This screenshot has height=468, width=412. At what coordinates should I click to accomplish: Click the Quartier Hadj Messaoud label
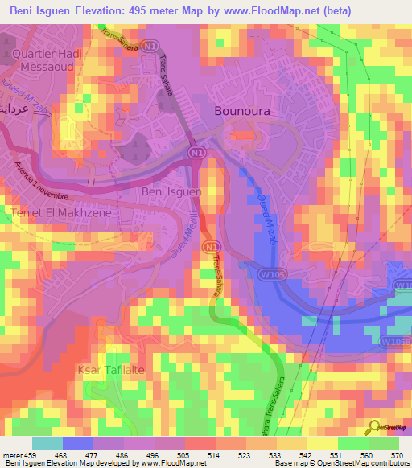click(49, 62)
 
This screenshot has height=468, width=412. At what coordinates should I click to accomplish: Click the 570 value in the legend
click(398, 454)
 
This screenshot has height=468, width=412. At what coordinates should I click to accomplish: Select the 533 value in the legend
click(276, 454)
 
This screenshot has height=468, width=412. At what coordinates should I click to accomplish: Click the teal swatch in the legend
click(47, 443)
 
